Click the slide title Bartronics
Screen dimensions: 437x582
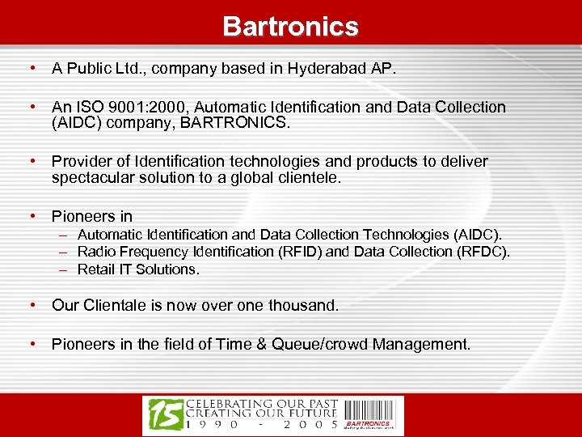click(291, 26)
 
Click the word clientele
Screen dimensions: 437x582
click(311, 177)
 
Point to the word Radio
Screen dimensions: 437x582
click(95, 252)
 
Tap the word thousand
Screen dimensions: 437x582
click(306, 306)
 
